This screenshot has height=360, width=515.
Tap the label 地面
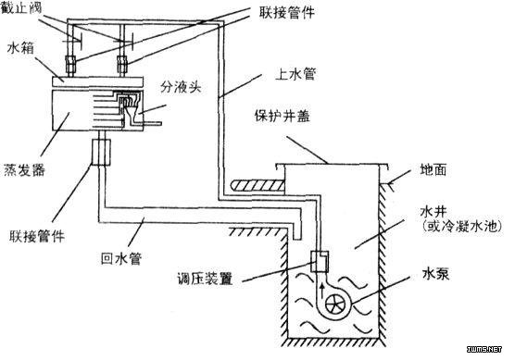(436, 170)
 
